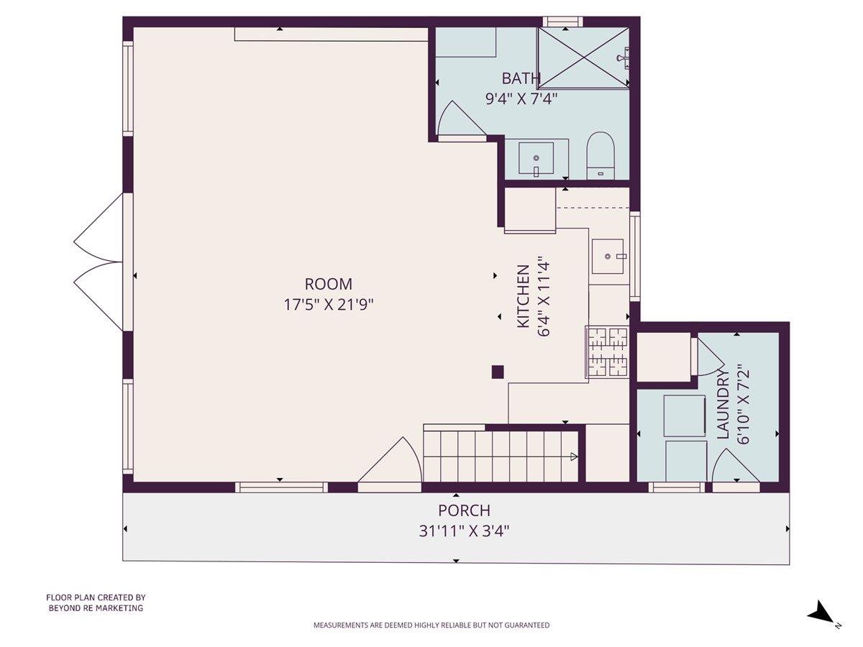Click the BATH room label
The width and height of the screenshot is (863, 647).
click(x=521, y=78)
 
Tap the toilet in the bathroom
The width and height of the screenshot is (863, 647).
click(x=601, y=154)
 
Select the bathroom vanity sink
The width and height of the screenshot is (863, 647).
click(x=536, y=159)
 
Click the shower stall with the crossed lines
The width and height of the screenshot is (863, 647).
click(x=583, y=58)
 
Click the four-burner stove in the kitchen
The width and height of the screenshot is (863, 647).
click(x=608, y=352)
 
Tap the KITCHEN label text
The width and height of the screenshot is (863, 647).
click(x=524, y=297)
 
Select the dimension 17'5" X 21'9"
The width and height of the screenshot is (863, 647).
click(x=329, y=304)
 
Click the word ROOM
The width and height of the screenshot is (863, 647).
click(x=329, y=284)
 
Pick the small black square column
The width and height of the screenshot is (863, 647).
click(x=497, y=372)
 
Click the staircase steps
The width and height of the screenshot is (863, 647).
click(x=501, y=456)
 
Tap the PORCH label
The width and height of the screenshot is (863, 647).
click(x=464, y=510)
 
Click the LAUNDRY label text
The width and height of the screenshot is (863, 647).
click(x=723, y=404)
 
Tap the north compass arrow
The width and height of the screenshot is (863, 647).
click(x=821, y=614)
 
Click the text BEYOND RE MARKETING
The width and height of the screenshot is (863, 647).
click(x=96, y=608)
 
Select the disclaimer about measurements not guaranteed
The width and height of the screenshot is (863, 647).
click(x=431, y=625)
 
